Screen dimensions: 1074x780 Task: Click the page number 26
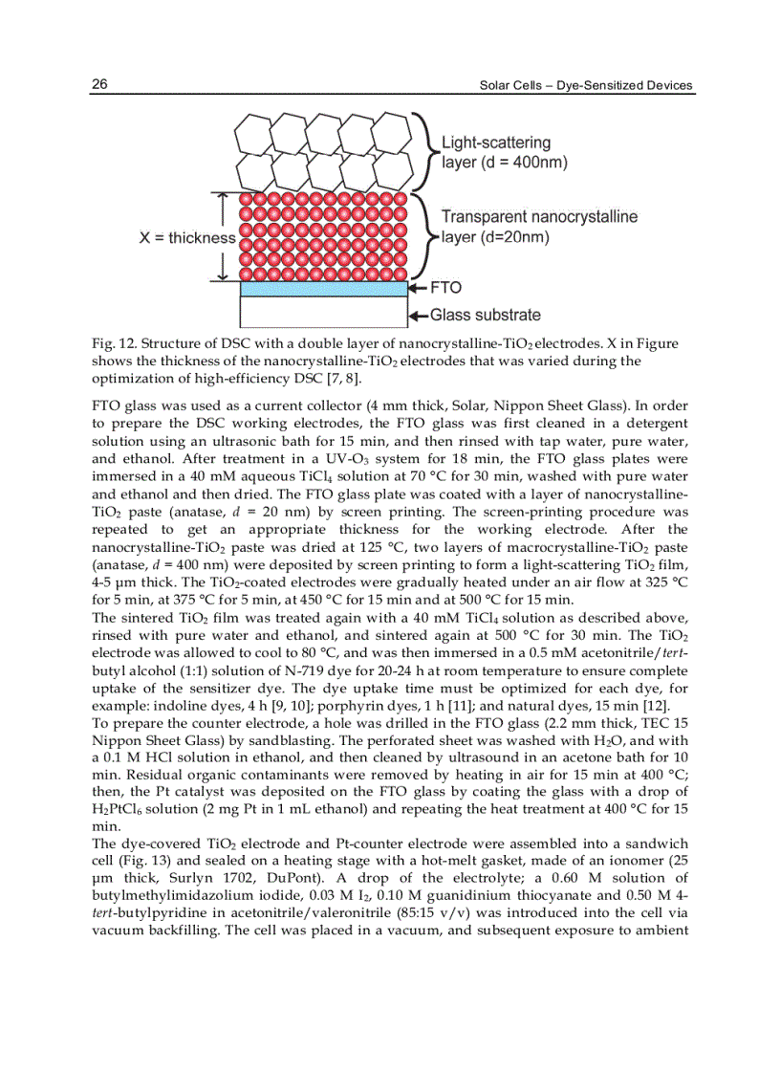[x=98, y=85]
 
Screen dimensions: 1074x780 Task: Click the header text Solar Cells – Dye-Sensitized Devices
[x=585, y=86]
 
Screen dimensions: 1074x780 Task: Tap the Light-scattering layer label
[x=504, y=152]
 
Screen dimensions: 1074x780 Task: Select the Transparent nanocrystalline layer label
[x=538, y=227]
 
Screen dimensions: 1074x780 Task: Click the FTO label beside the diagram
[x=445, y=287]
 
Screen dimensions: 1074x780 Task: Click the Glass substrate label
[x=485, y=315]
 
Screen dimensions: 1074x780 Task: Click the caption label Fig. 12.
[x=113, y=344]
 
